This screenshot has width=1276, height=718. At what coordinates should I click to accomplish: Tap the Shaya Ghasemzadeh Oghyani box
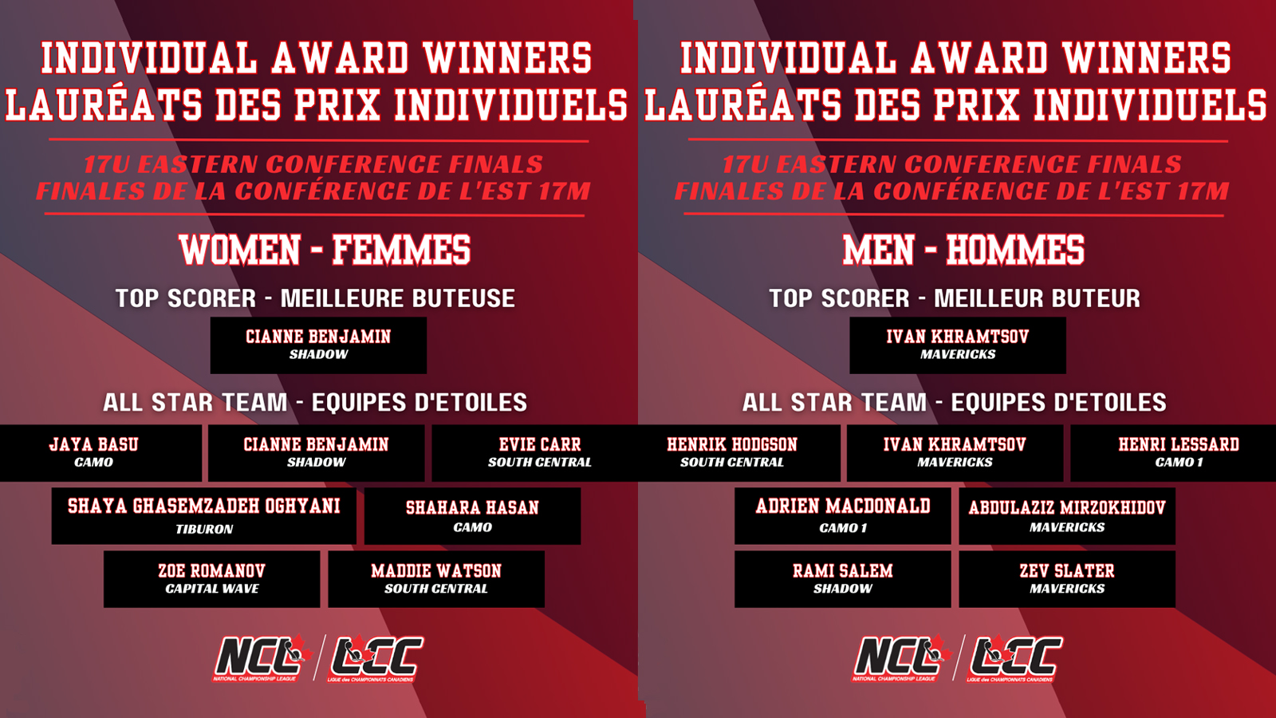pyautogui.click(x=204, y=515)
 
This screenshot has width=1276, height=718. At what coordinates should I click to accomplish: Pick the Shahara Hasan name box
pyautogui.click(x=472, y=515)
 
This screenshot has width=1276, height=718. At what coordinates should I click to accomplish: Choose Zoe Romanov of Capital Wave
pyautogui.click(x=212, y=579)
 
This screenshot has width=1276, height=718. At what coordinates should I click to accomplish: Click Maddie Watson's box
pyautogui.click(x=436, y=579)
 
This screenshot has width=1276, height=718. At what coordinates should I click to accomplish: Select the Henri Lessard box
pyautogui.click(x=1173, y=453)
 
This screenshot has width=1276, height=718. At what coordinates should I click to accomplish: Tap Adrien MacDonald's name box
pyautogui.click(x=842, y=515)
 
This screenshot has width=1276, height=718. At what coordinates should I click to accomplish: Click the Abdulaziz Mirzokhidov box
pyautogui.click(x=1067, y=515)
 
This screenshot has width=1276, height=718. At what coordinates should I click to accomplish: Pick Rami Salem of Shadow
pyautogui.click(x=842, y=579)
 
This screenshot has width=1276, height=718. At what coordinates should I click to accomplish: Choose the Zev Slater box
pyautogui.click(x=1067, y=579)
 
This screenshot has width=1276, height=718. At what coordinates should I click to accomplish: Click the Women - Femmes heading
pyautogui.click(x=325, y=250)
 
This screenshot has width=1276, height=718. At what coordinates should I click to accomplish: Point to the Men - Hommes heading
pyautogui.click(x=963, y=250)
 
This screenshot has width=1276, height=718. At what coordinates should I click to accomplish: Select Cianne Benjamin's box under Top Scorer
pyautogui.click(x=318, y=345)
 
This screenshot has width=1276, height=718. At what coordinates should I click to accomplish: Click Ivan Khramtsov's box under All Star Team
pyautogui.click(x=955, y=453)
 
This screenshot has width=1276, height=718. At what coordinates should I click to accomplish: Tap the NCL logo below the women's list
pyautogui.click(x=262, y=658)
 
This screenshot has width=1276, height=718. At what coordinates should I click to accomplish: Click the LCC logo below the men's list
pyautogui.click(x=1014, y=658)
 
